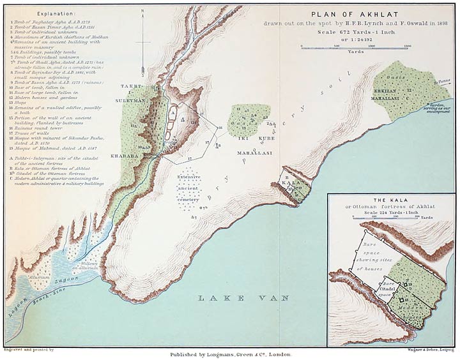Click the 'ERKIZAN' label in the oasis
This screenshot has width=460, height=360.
point(387,92)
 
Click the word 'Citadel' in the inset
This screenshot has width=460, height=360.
point(386,289)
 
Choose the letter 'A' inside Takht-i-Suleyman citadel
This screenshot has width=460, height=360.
point(171,109)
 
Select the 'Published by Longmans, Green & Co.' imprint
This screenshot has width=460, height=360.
point(231,353)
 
